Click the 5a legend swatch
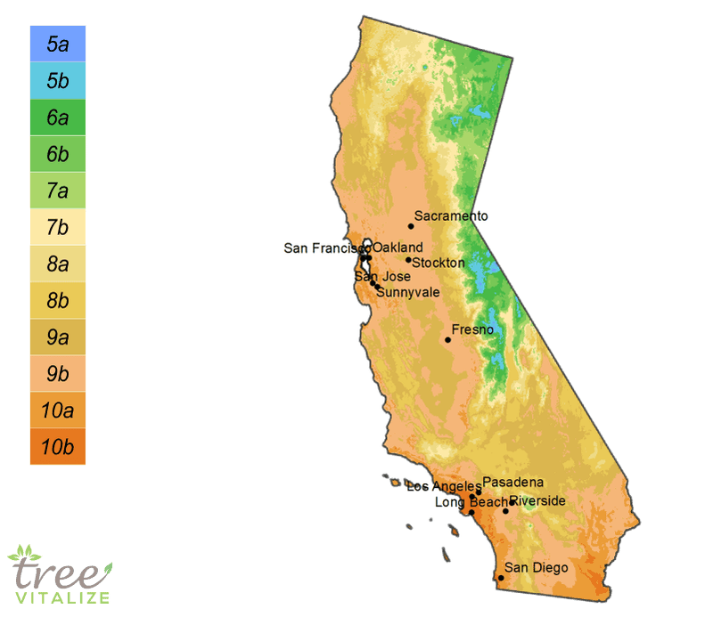tap(57, 44)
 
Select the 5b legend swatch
tap(57, 80)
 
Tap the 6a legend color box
tap(57, 117)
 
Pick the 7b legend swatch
tap(57, 227)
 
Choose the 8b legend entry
tap(57, 300)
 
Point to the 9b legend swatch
tap(57, 373)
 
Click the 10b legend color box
tap(57, 446)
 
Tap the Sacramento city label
tap(451, 216)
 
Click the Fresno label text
tap(472, 330)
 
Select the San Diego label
tap(536, 567)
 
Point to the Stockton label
tap(438, 263)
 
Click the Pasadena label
tap(512, 482)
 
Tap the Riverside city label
tap(537, 500)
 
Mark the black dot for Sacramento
tap(411, 226)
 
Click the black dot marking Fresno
tap(448, 339)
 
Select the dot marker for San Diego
tap(501, 578)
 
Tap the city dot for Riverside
tap(505, 511)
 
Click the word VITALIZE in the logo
tap(60, 597)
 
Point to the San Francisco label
tap(322, 248)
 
